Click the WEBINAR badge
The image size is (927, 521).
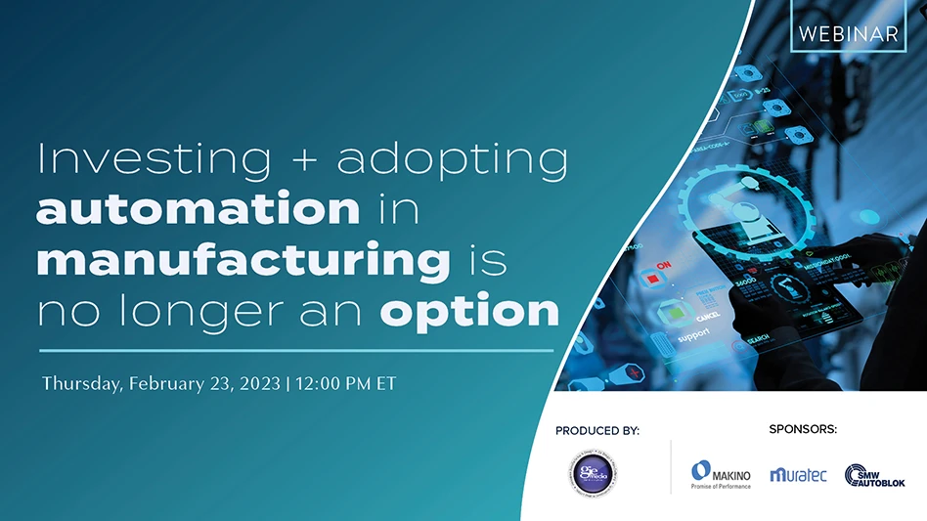pyautogui.click(x=848, y=32)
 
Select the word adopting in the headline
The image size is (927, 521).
pyautogui.click(x=453, y=162)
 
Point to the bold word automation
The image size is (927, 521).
pyautogui.click(x=199, y=209)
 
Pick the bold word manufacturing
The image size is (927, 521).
pyautogui.click(x=243, y=261)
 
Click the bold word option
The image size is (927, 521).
pyautogui.click(x=469, y=313)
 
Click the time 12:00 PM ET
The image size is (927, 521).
pyautogui.click(x=344, y=383)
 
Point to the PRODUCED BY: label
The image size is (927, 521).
pyautogui.click(x=596, y=430)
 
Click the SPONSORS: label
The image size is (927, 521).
pyautogui.click(x=803, y=429)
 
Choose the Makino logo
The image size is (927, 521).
pyautogui.click(x=720, y=474)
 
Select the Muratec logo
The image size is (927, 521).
pyautogui.click(x=798, y=474)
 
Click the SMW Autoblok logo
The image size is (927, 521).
pyautogui.click(x=875, y=474)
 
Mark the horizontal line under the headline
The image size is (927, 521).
pyautogui.click(x=296, y=350)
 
